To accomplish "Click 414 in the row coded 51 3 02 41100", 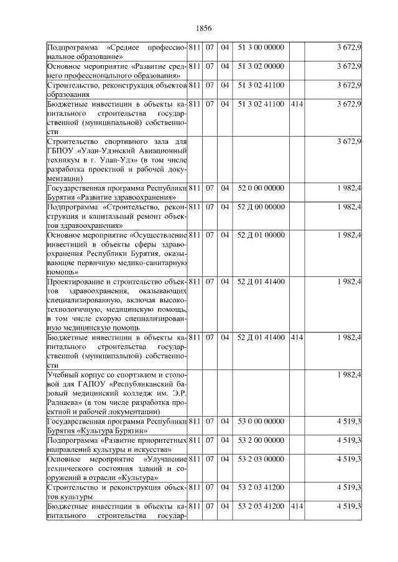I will [297, 103].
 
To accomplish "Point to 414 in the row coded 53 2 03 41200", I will [297, 507].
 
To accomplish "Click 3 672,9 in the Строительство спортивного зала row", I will [349, 142].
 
